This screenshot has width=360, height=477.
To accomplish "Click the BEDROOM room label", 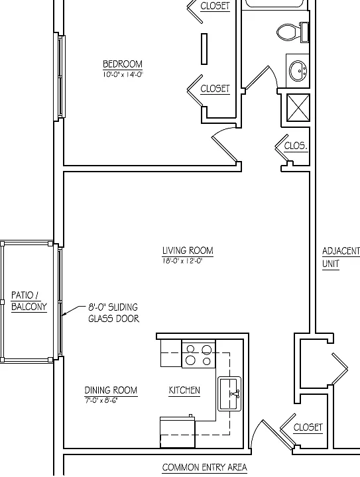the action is coord(123,64).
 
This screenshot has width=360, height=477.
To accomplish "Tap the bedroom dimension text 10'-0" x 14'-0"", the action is coord(123,74).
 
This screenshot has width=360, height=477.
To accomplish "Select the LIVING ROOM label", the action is coord(188,250).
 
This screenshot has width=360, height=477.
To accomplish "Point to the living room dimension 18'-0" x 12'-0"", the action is coord(182,261).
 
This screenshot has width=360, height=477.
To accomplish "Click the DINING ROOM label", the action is coord(111,390).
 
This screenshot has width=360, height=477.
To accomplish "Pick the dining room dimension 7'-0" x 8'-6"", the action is coord(101,400).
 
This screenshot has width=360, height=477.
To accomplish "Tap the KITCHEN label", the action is coord(184,390).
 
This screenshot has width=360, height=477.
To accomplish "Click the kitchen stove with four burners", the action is coord(199,354).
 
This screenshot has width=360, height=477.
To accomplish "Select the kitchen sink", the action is coord(230,394).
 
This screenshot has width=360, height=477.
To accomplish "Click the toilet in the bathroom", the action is coord(293,32).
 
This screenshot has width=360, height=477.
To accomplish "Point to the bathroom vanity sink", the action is coord(298,71).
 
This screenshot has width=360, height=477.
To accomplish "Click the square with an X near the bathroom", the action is coord(298,108).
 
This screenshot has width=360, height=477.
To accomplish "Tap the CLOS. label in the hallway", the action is coord(296,146).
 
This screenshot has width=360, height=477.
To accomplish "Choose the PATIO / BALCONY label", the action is coord(29,301).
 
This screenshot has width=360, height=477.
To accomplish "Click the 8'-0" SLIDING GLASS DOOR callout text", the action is coord(113,313).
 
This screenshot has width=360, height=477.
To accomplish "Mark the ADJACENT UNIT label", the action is coord(341,257).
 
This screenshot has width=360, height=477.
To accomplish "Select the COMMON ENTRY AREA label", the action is coord(204,467).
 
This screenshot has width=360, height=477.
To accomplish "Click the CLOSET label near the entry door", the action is coord(308,427).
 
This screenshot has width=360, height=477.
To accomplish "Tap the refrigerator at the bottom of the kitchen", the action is coord(178,432).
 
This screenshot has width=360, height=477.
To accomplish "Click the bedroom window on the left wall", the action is coord(60,77).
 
